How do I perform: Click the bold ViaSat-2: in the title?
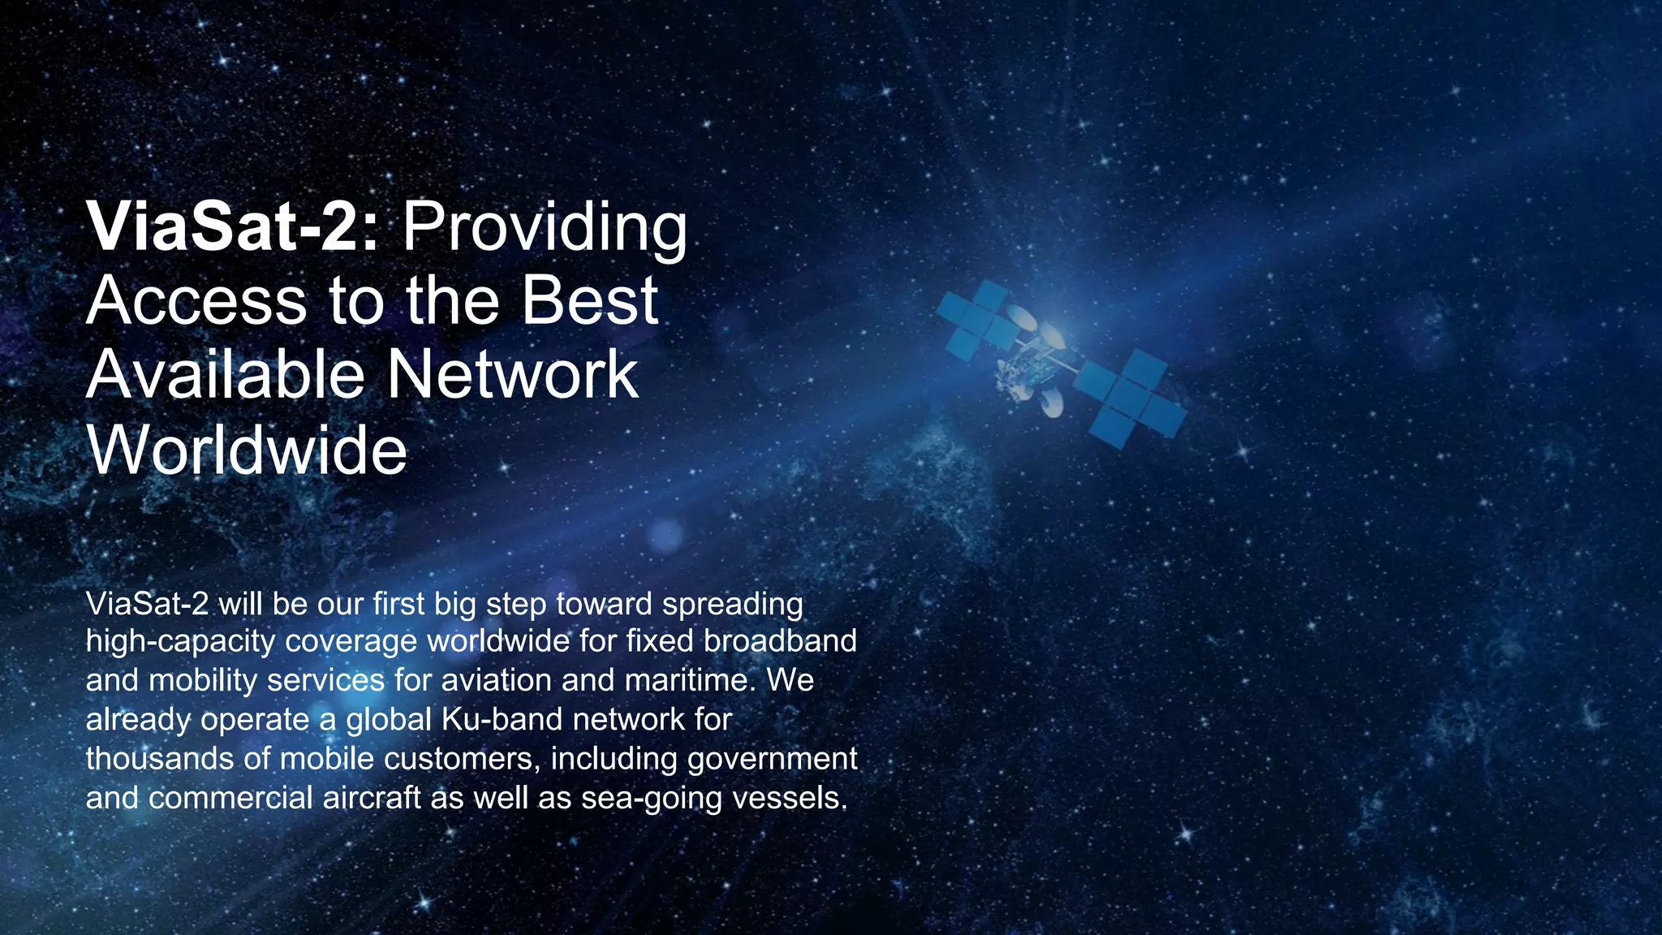(x=232, y=227)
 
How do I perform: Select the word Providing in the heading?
(x=545, y=227)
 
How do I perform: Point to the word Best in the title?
(x=589, y=301)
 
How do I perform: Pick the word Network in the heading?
(x=512, y=375)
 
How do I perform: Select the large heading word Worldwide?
(x=247, y=450)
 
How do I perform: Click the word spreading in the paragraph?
(x=732, y=605)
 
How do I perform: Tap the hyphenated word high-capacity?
(x=180, y=642)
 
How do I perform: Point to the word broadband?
(x=780, y=641)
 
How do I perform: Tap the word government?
(x=772, y=759)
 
